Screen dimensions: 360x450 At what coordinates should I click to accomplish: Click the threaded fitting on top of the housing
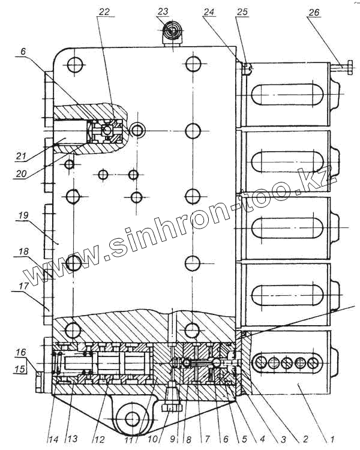tap(173, 33)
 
